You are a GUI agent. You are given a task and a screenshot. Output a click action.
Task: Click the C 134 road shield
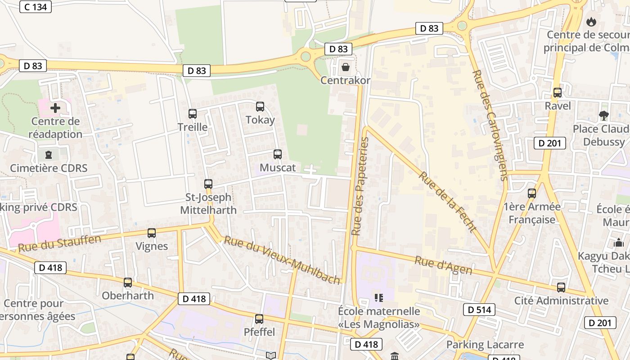[36, 7]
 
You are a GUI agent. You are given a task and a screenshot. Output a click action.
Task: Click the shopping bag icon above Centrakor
[345, 67]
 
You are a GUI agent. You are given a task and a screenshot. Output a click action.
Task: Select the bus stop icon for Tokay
[260, 107]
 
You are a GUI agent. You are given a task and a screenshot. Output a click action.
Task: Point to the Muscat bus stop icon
[278, 154]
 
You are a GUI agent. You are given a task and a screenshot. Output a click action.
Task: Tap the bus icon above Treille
[193, 114]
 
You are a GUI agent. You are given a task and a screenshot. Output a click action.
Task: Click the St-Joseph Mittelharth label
[208, 204]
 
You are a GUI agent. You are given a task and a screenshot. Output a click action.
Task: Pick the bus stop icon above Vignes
[152, 233]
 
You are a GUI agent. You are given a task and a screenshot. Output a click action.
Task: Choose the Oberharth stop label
[128, 296]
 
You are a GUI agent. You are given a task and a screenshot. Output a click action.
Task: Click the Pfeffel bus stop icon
[259, 319]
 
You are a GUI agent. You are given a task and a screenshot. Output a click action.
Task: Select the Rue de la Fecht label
[447, 202]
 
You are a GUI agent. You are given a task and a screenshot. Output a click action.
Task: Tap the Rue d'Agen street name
[443, 265]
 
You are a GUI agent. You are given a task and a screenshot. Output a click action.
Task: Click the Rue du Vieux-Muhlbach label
[282, 261]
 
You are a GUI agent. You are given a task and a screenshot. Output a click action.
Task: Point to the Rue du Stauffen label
[59, 243]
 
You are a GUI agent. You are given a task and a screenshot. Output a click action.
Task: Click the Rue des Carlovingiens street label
[490, 125]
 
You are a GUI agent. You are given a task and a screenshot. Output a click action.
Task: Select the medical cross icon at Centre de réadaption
[55, 108]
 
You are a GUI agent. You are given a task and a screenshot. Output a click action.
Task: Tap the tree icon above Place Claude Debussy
[604, 116]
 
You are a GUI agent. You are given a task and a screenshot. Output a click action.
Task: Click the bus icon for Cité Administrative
[561, 288]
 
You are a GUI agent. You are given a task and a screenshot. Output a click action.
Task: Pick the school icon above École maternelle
[378, 297]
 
